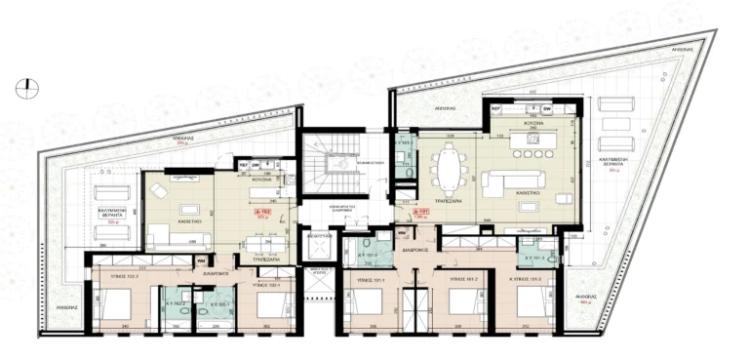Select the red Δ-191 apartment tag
point(420,212)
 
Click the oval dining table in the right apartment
point(448,170)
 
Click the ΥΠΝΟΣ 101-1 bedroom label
point(365,279)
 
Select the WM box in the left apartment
point(200,260)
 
